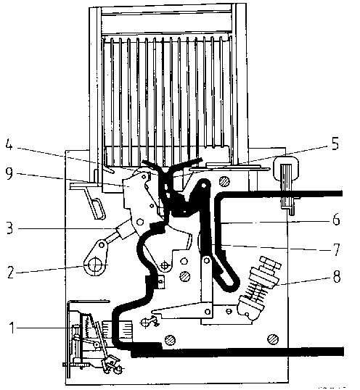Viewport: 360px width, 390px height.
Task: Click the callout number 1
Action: tap(12, 328)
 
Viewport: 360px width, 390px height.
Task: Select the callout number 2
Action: tap(11, 272)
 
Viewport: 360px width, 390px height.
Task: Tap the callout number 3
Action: tap(9, 228)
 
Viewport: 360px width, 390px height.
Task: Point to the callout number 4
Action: tap(9, 145)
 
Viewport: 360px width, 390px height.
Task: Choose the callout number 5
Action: tap(335, 144)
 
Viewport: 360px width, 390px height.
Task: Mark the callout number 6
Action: tap(336, 220)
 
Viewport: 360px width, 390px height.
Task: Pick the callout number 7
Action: tap(337, 249)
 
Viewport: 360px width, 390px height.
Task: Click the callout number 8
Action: tap(337, 276)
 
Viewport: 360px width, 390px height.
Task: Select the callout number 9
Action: tap(9, 174)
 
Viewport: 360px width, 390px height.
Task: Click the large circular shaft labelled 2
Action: tap(94, 265)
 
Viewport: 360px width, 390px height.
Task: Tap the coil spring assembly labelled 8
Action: tap(258, 288)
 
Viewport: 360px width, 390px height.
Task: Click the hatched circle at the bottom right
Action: tap(273, 339)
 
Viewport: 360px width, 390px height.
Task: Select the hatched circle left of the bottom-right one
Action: tap(170, 340)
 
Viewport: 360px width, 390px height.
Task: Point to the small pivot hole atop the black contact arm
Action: tap(204, 185)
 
